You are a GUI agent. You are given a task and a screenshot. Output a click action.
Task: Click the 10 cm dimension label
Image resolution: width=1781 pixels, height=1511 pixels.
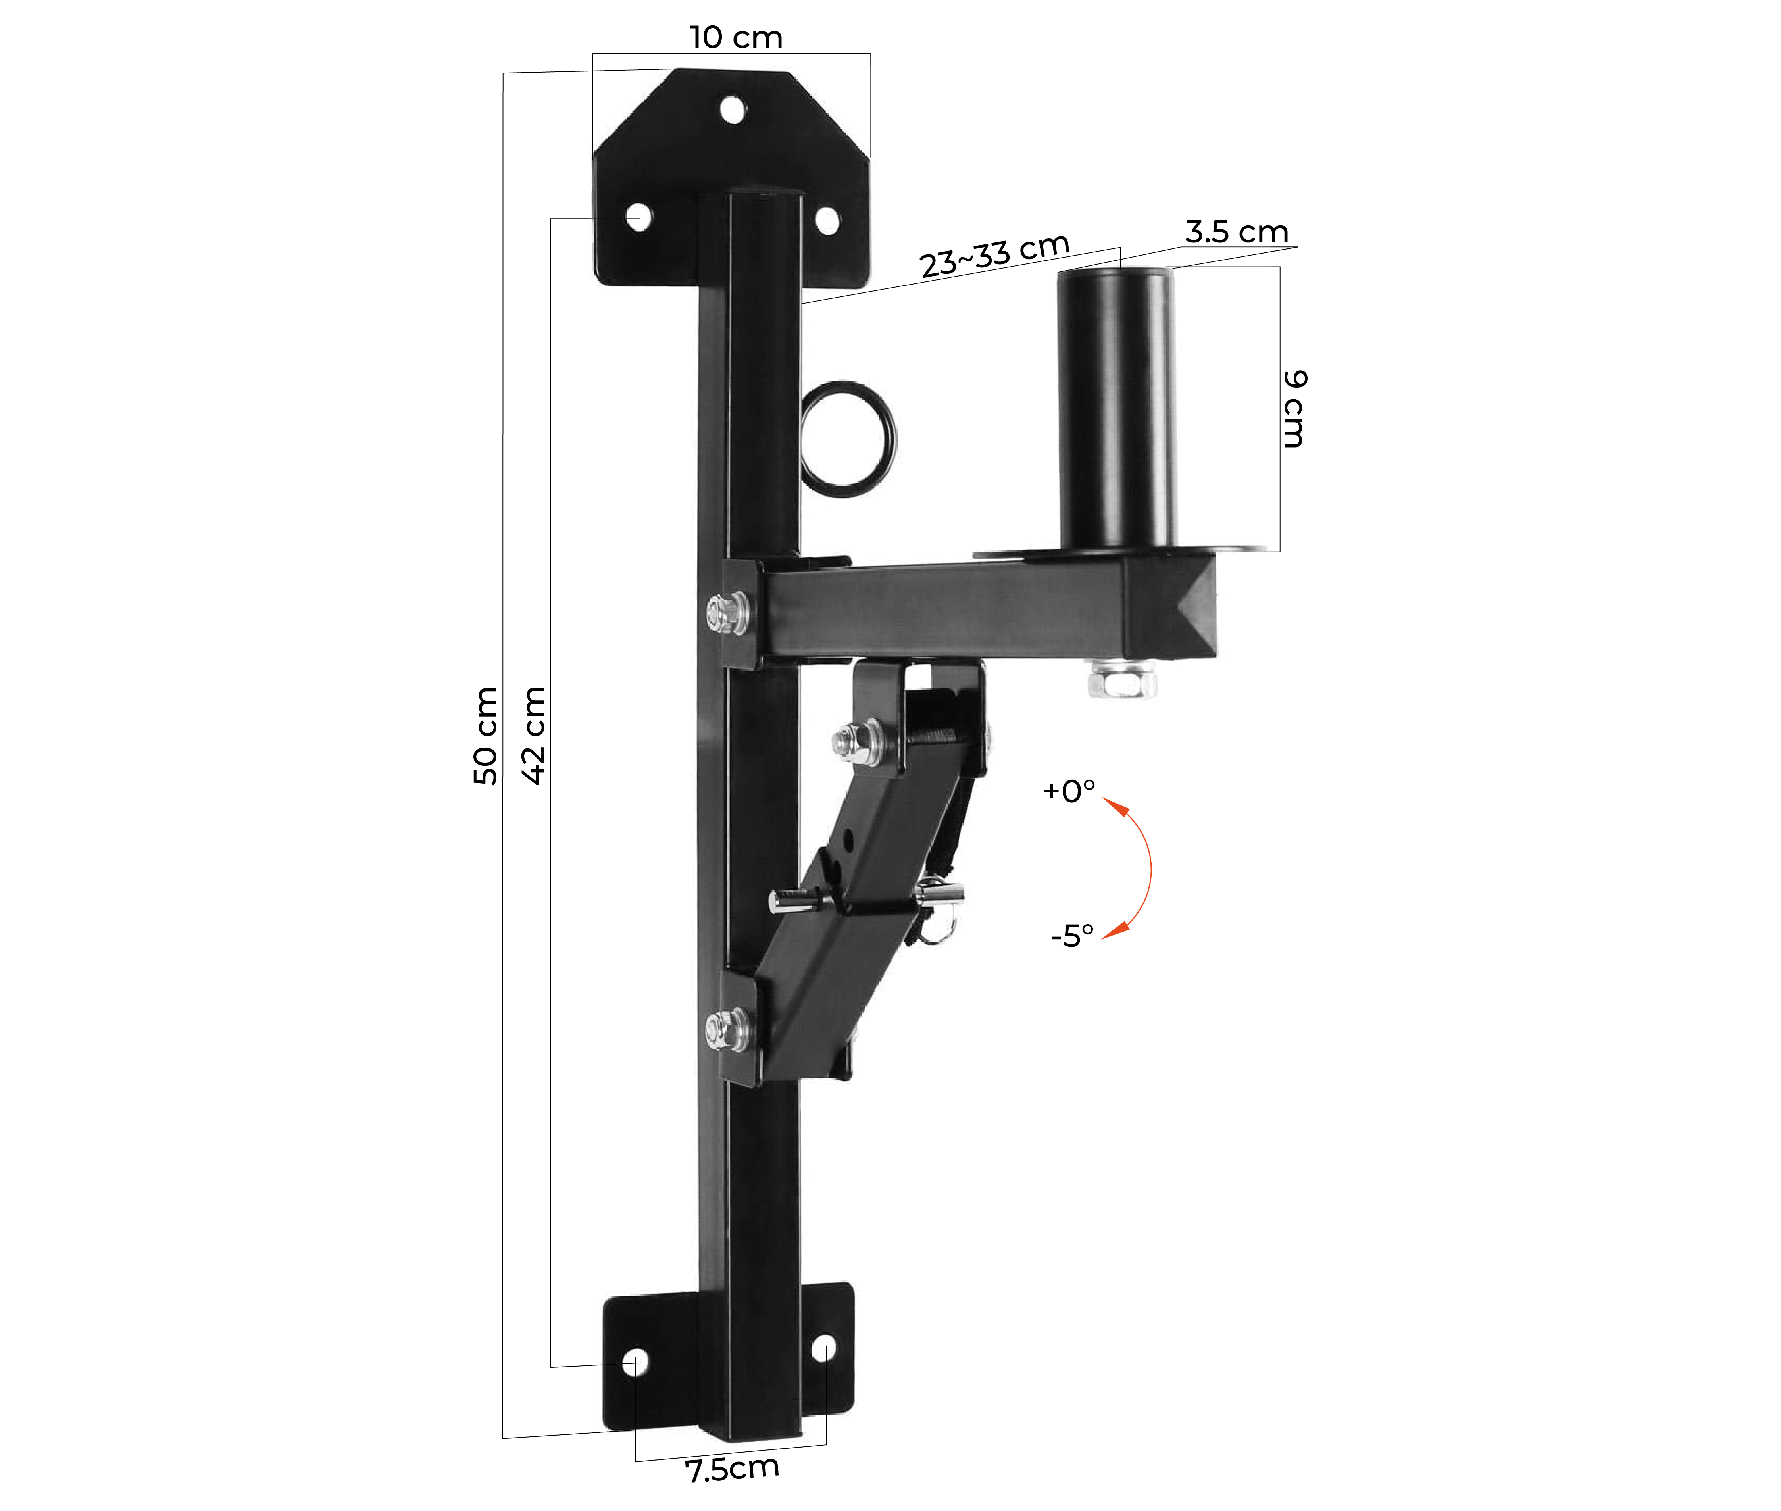[x=736, y=38]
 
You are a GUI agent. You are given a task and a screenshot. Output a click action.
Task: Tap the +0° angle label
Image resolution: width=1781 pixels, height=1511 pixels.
[x=1068, y=791]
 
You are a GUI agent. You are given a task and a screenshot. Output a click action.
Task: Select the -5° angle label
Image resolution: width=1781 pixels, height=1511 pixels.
[x=1072, y=935]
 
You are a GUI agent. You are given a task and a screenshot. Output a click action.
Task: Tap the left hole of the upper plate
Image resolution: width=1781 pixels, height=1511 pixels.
[x=638, y=217]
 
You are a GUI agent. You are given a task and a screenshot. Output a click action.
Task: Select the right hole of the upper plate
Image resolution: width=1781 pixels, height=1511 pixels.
[x=827, y=221]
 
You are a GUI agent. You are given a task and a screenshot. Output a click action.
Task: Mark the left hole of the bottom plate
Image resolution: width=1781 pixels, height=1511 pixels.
[x=635, y=1362]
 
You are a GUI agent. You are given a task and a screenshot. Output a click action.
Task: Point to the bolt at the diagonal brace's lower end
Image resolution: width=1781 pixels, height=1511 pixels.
[x=727, y=1030]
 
